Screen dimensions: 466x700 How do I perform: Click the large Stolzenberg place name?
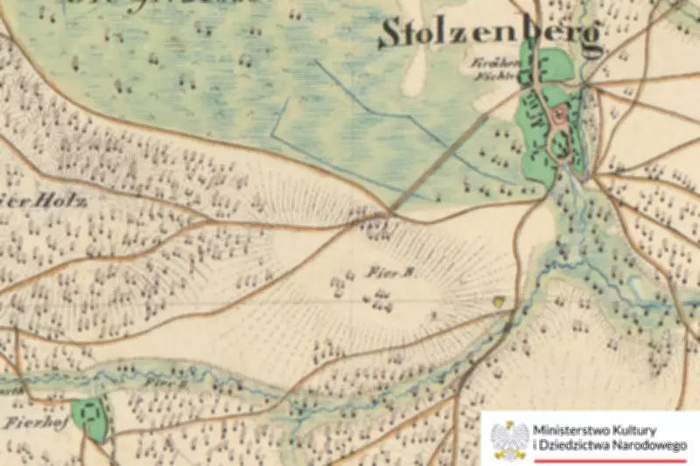click(490, 33)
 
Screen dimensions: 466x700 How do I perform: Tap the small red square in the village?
click(558, 116)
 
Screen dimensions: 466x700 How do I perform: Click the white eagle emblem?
click(509, 439)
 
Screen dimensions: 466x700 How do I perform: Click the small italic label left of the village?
click(489, 69)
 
